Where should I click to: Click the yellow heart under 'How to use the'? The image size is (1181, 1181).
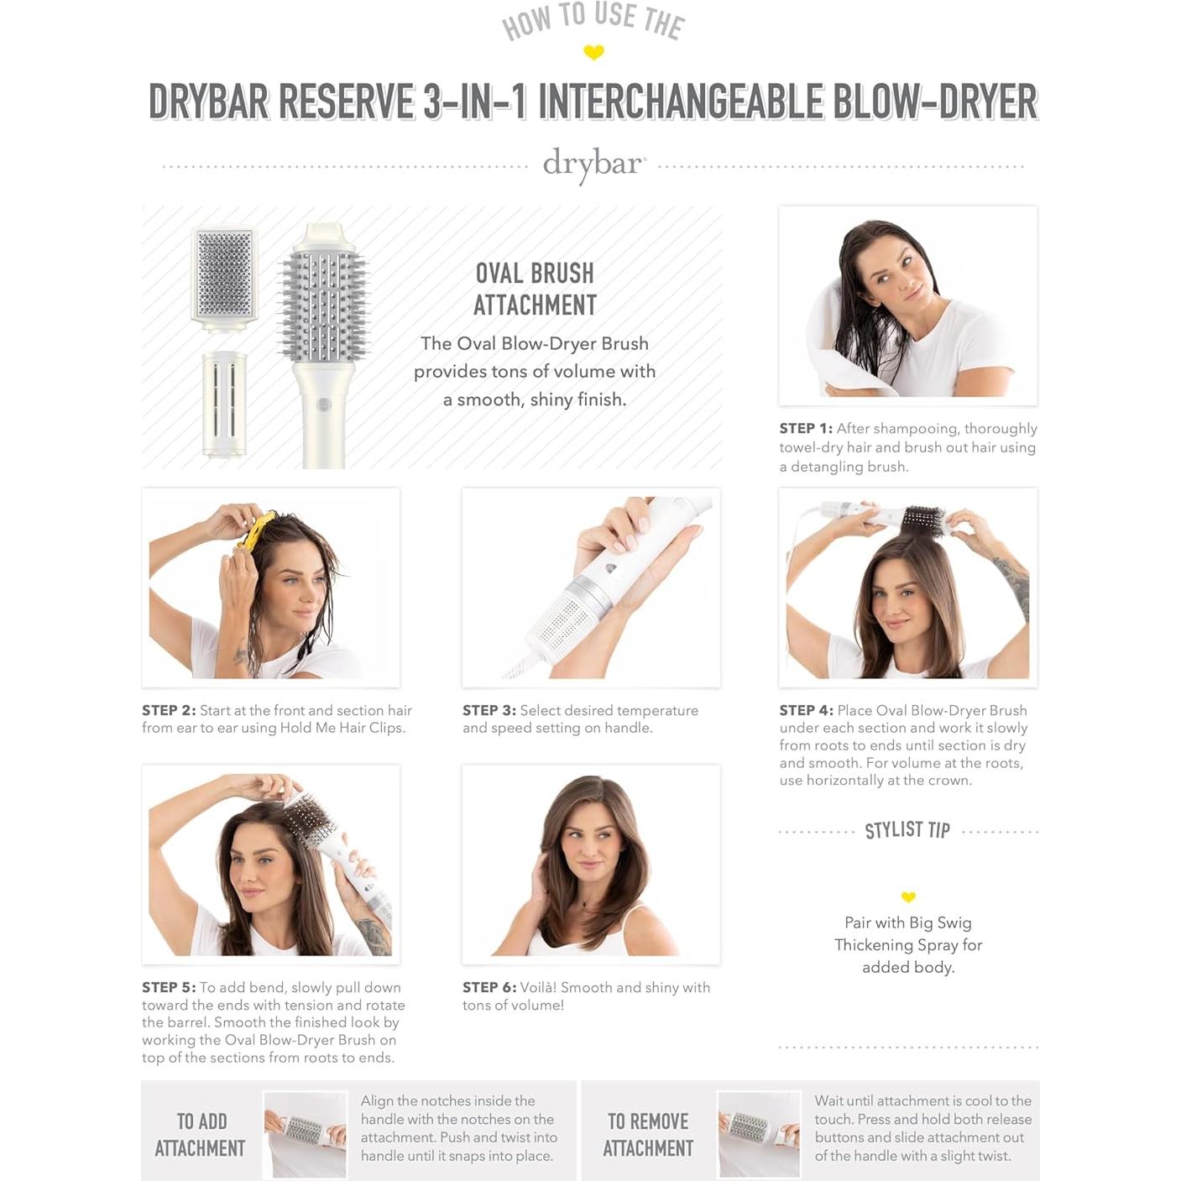593,53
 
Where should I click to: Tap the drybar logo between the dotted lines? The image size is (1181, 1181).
593,164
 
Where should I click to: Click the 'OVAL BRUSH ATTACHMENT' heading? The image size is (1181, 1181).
535,290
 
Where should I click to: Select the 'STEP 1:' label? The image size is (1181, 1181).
805,428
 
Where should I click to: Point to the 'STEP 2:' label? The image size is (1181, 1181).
168,710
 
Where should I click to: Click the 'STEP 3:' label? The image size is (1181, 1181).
489,710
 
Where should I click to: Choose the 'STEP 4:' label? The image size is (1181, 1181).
805,710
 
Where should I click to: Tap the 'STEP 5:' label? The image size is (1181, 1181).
168,987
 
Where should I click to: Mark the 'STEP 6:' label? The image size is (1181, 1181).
489,987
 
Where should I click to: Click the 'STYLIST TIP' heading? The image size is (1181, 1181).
907,830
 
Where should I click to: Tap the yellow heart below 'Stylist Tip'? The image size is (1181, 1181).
908,896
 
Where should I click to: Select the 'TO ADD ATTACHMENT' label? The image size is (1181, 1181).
201,1134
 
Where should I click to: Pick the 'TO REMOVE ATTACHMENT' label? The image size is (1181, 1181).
648,1134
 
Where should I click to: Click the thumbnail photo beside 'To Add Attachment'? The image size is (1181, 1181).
305,1134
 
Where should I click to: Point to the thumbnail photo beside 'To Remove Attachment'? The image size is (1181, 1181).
759,1134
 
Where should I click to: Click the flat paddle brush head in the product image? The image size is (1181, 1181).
224,274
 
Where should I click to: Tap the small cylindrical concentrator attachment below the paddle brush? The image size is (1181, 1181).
224,403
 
